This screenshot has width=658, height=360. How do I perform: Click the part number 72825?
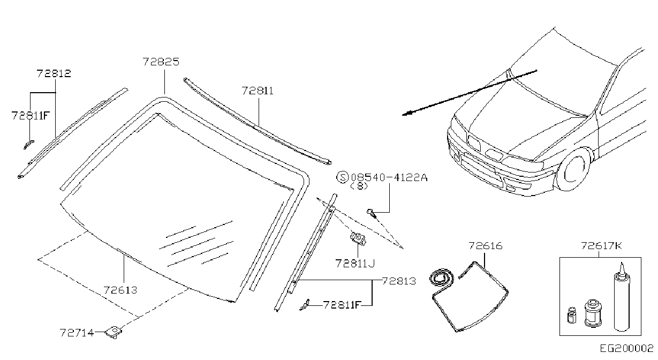point(161,62)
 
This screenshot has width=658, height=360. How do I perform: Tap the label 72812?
point(54,73)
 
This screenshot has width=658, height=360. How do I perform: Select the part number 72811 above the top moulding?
point(258,91)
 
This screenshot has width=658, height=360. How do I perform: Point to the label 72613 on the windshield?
point(120,290)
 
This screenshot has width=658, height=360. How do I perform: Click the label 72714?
point(77,333)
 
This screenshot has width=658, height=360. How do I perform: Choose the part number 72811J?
point(355,264)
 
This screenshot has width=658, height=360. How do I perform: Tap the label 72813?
point(399,282)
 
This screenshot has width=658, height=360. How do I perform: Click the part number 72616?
point(486,246)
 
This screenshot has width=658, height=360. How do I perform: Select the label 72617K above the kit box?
point(601,245)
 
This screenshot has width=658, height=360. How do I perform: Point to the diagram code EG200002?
point(626,349)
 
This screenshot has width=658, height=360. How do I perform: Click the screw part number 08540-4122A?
point(389,177)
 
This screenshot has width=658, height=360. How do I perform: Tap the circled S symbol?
point(342,177)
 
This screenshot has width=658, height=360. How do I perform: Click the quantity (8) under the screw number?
point(359,186)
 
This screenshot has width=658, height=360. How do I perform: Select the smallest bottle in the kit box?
point(572,316)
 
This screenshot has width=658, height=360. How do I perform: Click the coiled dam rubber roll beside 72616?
point(441,277)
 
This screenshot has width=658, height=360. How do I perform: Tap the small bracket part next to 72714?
point(114,332)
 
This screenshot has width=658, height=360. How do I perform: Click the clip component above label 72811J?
point(358,238)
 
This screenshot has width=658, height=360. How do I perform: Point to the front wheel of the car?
point(573,169)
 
